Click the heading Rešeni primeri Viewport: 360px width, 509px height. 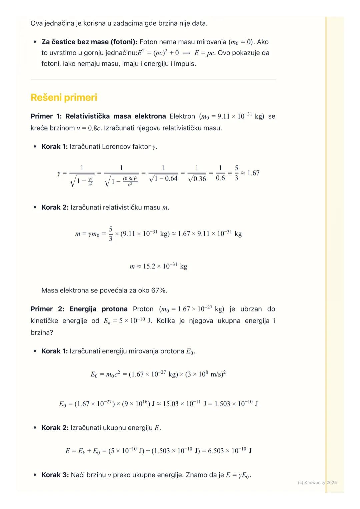(64, 98)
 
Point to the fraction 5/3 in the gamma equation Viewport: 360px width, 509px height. (236, 173)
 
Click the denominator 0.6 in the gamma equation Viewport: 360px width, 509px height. (220, 178)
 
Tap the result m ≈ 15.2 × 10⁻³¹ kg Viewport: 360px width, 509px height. (158, 266)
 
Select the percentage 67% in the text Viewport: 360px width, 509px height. (159, 290)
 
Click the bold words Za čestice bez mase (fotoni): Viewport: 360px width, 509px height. (89, 42)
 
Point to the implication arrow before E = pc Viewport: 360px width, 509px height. (186, 53)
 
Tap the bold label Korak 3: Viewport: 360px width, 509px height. (55, 475)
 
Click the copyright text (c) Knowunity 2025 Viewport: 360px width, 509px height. (317, 482)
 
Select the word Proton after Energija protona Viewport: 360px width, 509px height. (143, 309)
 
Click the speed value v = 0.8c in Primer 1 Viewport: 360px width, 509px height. (89, 128)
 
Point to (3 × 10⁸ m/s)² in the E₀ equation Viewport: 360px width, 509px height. (205, 374)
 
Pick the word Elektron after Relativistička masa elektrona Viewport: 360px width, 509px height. (182, 116)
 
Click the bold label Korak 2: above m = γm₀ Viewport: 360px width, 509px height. (55, 207)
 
